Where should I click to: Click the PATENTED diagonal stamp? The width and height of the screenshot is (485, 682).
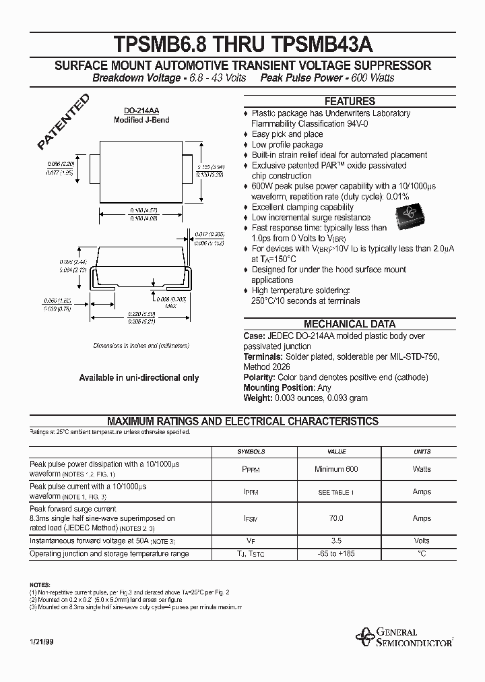(63, 122)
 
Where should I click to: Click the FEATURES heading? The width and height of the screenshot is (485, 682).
(350, 101)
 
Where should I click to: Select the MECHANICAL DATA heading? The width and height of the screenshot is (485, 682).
(350, 324)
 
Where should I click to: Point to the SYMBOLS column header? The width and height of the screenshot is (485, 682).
(251, 452)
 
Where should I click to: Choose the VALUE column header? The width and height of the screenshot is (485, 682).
(336, 452)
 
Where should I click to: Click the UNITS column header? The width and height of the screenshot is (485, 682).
(422, 452)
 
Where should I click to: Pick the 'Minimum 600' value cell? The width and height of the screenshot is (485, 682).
(336, 469)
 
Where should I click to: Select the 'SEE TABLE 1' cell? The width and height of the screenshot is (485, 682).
(336, 492)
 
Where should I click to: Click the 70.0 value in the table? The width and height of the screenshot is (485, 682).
(336, 518)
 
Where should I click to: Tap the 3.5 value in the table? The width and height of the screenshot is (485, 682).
(336, 540)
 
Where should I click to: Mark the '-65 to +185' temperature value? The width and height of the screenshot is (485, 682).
(336, 554)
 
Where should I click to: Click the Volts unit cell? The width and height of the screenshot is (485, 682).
(422, 540)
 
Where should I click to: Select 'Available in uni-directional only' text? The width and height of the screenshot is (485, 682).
(139, 378)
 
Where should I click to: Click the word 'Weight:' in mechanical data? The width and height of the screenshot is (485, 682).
(257, 398)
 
